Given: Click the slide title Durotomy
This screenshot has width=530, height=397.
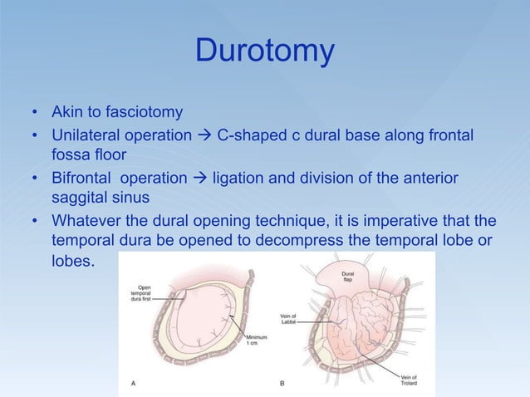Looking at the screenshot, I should pyautogui.click(x=264, y=51).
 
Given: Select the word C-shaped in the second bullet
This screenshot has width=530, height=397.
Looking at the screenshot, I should pyautogui.click(x=248, y=134).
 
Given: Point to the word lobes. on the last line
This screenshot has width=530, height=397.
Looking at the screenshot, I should pyautogui.click(x=73, y=262).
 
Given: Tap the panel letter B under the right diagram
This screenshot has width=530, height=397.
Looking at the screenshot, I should pyautogui.click(x=282, y=383).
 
